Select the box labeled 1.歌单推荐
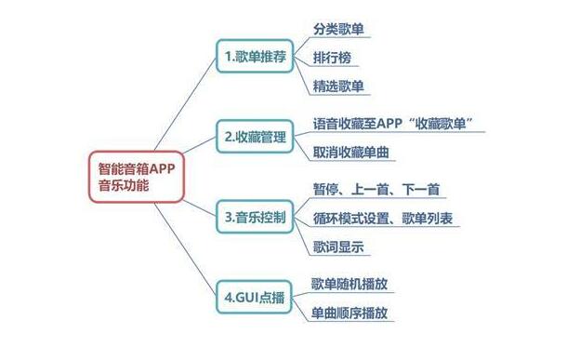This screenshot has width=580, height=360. coord(255,58)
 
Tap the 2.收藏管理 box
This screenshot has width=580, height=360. coord(255,138)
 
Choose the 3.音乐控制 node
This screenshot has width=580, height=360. coord(255,219)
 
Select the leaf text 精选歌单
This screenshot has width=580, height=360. coord(339,87)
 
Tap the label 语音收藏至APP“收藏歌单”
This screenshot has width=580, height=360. coord(401,124)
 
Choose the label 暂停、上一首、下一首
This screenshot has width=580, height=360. coord(376,190)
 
